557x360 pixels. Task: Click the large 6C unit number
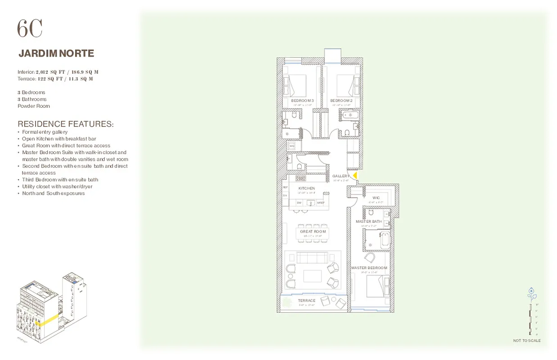[x=30, y=29]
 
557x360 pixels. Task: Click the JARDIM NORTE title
[x=56, y=54]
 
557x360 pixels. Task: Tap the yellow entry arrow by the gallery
[x=355, y=175]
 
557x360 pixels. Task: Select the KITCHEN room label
[x=307, y=188]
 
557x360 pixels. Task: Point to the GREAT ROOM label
[x=313, y=231]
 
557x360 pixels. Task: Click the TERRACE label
[x=307, y=301]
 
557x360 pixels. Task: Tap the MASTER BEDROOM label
[x=369, y=268]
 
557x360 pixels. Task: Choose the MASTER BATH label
[x=369, y=221]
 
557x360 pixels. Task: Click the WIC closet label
[x=376, y=198]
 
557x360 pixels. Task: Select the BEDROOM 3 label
[x=302, y=100]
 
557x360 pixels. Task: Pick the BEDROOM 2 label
[x=341, y=100]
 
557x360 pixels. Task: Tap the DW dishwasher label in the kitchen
[x=299, y=203]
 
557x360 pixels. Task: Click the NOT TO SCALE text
[x=527, y=341]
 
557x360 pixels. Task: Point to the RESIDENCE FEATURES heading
[x=65, y=124]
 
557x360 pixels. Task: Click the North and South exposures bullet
[x=54, y=193]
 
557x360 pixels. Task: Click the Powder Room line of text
[x=34, y=106]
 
